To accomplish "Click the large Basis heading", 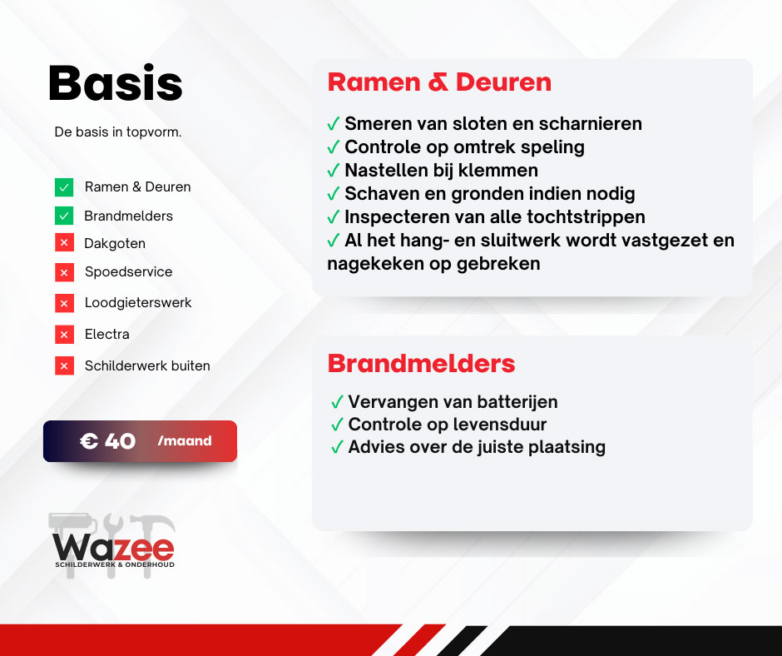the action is [x=115, y=83].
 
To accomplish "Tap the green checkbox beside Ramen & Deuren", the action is [x=64, y=187].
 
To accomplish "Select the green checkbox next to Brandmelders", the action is [x=64, y=216].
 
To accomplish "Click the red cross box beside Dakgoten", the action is [x=64, y=243].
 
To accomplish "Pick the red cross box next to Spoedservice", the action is [x=64, y=272].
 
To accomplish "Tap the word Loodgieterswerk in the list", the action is [x=138, y=302].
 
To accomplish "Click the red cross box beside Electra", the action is [x=64, y=335].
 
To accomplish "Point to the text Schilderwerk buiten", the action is [x=147, y=366].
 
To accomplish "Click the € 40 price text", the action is [x=107, y=441].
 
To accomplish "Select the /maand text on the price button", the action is [x=185, y=441].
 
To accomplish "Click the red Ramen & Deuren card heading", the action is [x=439, y=82].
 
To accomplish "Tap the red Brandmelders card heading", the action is [x=421, y=364].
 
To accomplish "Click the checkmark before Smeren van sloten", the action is [x=333, y=123].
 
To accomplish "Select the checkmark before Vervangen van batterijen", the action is [x=337, y=402].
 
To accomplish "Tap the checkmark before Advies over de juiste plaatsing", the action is [x=337, y=446].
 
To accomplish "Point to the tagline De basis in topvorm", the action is [x=118, y=132].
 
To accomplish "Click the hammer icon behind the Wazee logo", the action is [x=151, y=545].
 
